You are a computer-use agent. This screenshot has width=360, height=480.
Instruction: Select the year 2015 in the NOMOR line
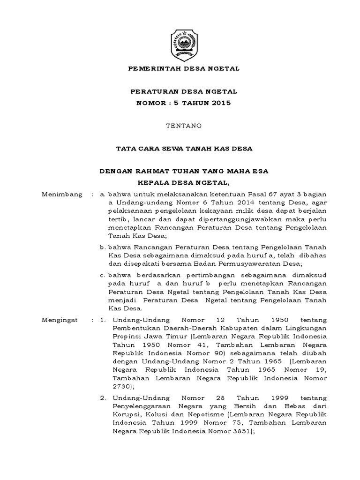[220, 103]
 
